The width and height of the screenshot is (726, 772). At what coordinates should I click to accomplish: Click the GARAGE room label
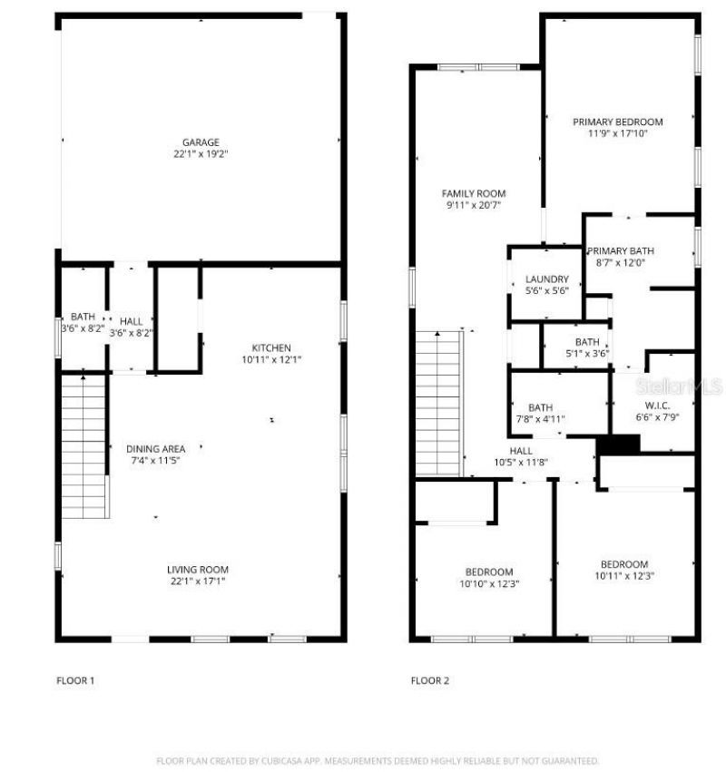(x=201, y=142)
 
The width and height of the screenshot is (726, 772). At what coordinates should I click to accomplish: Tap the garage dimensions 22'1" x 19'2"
(x=201, y=154)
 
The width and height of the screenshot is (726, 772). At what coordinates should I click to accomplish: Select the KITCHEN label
(x=271, y=347)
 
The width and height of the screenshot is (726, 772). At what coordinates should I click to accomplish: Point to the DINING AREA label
(x=156, y=448)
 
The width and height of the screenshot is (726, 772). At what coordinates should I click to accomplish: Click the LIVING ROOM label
(x=197, y=569)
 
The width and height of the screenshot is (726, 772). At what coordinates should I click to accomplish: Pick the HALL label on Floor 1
(x=131, y=321)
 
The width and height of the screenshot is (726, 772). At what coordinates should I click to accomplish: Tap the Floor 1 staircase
(x=83, y=446)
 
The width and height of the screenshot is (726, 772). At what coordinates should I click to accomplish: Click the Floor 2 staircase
(x=438, y=403)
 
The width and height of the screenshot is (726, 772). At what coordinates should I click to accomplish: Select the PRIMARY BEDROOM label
(x=617, y=122)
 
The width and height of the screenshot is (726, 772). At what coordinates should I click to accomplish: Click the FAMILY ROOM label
(x=474, y=193)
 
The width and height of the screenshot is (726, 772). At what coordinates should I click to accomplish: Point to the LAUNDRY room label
(x=547, y=279)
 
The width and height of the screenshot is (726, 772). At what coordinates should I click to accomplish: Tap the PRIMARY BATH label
(x=620, y=251)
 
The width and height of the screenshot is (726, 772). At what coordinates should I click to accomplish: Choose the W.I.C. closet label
(x=657, y=406)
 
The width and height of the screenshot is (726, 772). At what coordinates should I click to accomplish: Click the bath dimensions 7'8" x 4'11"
(x=540, y=419)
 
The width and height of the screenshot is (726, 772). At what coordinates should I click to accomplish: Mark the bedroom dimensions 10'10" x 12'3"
(x=489, y=583)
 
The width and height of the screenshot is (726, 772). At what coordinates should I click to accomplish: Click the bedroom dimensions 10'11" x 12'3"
(x=624, y=575)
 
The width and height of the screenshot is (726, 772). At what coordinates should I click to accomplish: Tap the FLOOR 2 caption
(x=430, y=680)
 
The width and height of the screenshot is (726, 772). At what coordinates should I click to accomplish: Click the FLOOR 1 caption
(x=75, y=680)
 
